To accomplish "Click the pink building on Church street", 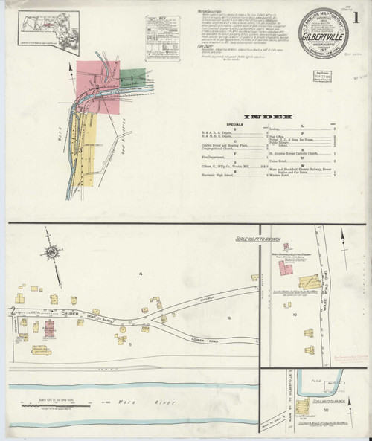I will click(x=49, y=329).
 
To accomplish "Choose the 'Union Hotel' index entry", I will click(x=306, y=158).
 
